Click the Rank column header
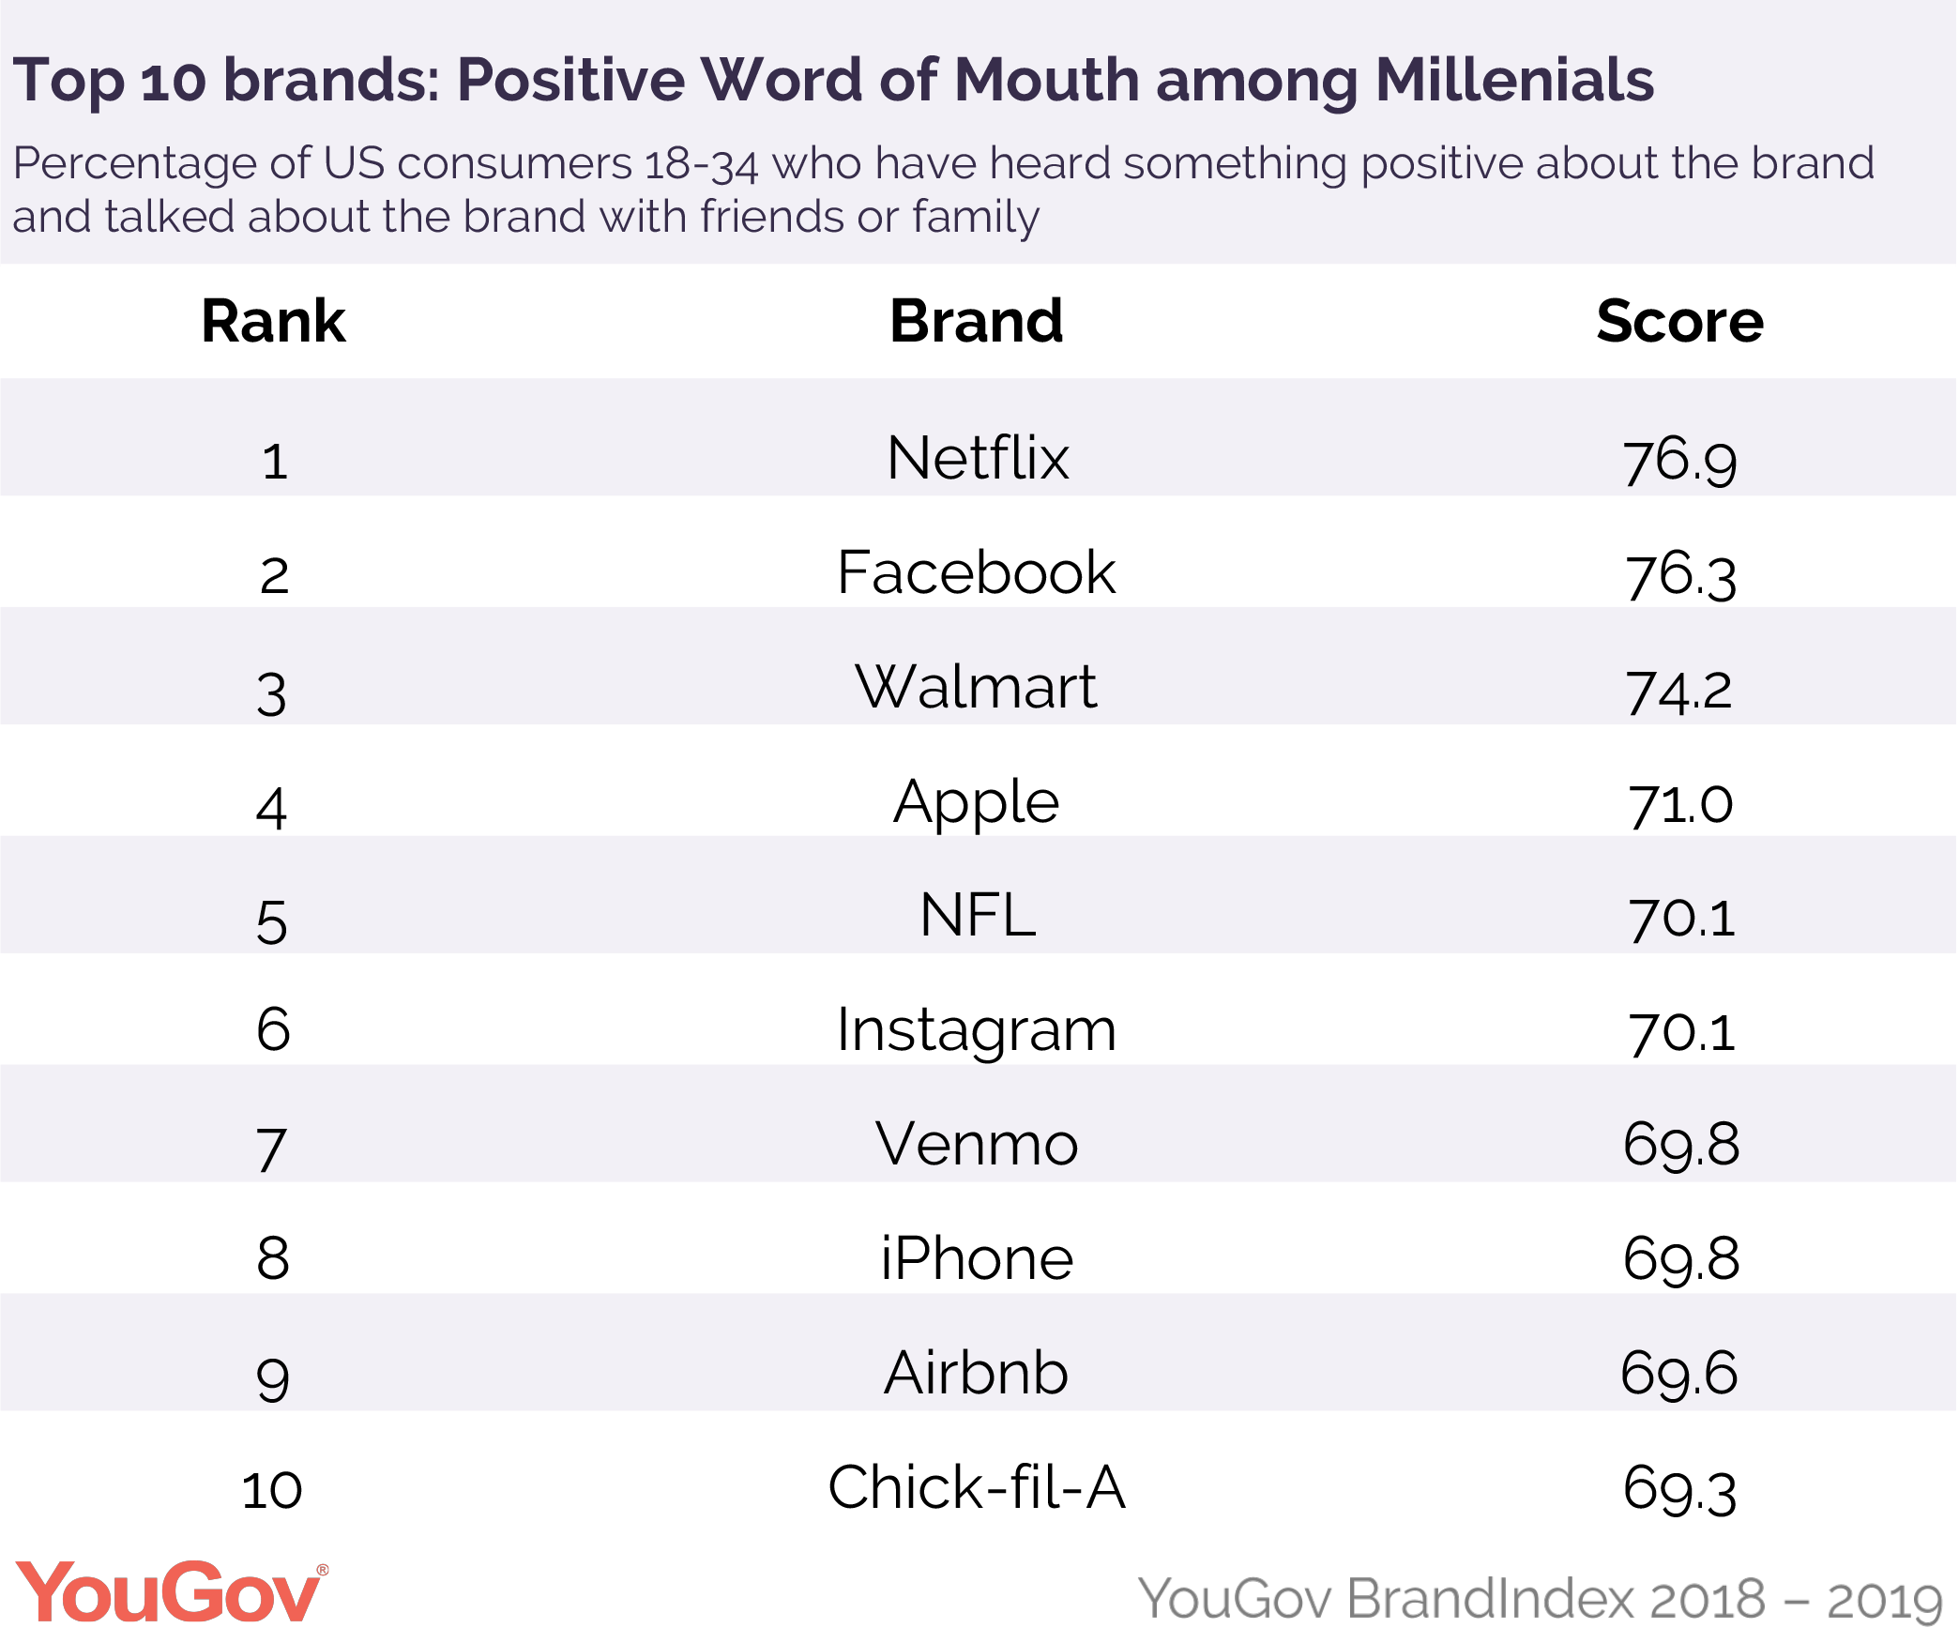273,322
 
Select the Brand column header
976,322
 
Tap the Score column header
1679,322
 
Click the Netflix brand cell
978,459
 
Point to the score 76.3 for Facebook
1680,574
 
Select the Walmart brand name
976,687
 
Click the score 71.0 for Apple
1680,804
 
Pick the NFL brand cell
978,916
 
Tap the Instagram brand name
976,1030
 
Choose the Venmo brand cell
977,1145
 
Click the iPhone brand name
977,1259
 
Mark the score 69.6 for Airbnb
1679,1374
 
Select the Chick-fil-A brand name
976,1488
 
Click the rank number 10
272,1490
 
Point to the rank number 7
271,1149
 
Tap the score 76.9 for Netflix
1680,461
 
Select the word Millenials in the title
1514,81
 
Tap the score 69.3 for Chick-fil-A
1679,1490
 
